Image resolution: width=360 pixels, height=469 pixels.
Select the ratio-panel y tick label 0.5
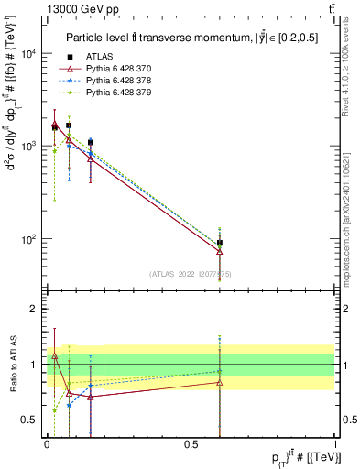tap(32, 420)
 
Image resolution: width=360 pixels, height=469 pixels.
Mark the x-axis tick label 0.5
tap(191, 443)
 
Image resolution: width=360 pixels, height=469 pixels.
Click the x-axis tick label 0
tap(47, 443)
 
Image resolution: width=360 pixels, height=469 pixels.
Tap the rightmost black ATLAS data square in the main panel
tap(220, 243)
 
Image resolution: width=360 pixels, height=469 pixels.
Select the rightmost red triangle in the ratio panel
tap(220, 382)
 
